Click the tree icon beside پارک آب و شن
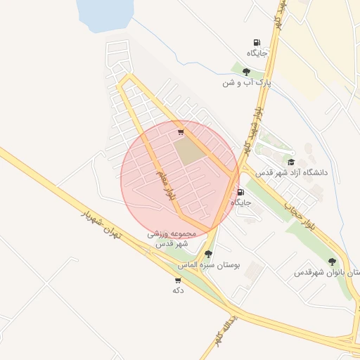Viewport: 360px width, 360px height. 246,72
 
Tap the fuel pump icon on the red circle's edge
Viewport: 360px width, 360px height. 241,192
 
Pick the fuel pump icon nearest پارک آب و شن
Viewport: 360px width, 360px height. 257,43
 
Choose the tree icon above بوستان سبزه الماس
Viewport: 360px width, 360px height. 208,254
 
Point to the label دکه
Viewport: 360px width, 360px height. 177,290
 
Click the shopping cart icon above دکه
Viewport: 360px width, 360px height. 177,279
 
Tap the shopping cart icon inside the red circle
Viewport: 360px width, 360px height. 181,131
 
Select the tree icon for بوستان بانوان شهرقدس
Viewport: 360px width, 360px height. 332,262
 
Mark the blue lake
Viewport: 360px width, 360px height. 105,15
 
